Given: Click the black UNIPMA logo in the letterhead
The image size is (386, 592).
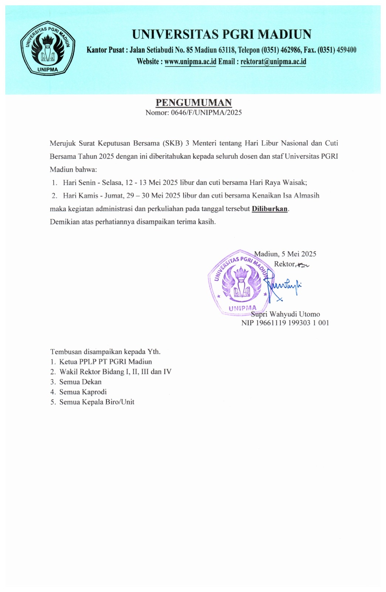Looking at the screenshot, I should [x=48, y=47].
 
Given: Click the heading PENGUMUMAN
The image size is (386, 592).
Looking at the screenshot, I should [x=194, y=103].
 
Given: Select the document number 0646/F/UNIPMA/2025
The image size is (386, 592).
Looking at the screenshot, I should [x=206, y=113].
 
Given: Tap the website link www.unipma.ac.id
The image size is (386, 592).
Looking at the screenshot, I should [x=190, y=62].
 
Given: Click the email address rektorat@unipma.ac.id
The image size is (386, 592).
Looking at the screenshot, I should [x=273, y=62].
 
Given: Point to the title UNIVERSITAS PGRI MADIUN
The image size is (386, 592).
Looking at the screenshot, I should [x=222, y=34].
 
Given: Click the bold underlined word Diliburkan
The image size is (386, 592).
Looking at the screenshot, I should [x=270, y=209].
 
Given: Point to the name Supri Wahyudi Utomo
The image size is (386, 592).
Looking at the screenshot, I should [x=285, y=314].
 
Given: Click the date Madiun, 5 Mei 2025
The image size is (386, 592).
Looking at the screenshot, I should [x=285, y=254].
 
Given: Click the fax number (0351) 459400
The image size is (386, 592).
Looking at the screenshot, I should [x=337, y=50].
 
